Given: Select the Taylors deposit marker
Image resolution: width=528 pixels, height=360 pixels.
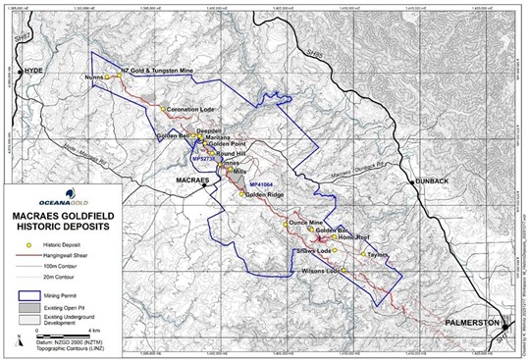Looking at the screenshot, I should click(364, 254).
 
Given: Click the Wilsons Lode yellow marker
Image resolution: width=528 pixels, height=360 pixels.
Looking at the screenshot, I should click(343, 270).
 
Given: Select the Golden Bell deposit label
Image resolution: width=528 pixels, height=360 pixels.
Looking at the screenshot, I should click(173, 134).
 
